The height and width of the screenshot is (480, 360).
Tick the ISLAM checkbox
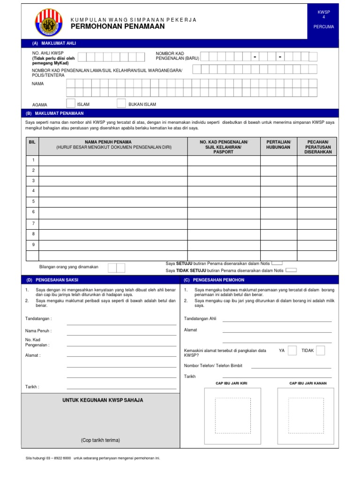pyautogui.click(x=71, y=104)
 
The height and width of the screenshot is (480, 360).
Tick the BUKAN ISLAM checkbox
pyautogui.click(x=121, y=104)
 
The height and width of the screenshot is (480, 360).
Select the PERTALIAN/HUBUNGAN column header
pyautogui.click(x=278, y=144)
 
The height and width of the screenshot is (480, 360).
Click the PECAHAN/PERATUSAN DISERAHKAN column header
pyautogui.click(x=318, y=147)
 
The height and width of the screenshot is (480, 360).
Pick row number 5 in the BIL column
pyautogui.click(x=33, y=201)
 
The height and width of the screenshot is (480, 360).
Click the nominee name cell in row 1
pyautogui.click(x=113, y=161)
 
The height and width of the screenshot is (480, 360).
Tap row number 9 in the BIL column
pyautogui.click(x=33, y=244)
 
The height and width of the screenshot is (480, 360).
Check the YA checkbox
pyautogui.click(x=292, y=351)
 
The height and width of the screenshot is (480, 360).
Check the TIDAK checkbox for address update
pyautogui.click(x=320, y=351)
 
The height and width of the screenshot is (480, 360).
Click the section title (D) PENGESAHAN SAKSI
pyautogui.click(x=52, y=280)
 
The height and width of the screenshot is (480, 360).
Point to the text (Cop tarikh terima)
pyautogui.click(x=100, y=440)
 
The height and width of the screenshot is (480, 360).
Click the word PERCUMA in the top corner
pyautogui.click(x=324, y=27)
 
